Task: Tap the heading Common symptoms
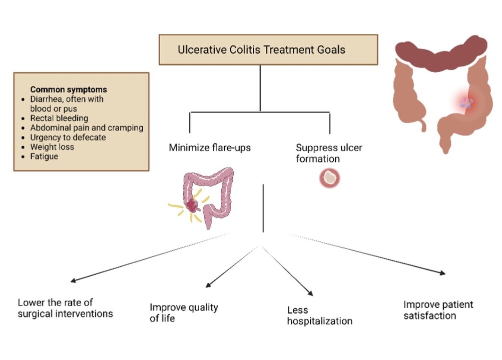pos(69,90)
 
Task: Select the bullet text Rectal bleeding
pos(59,118)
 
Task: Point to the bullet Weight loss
pos(52,147)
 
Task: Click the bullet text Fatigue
pos(44,156)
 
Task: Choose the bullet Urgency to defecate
pos(68,137)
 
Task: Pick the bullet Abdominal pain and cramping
pos(87,128)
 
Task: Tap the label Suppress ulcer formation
pos(328,153)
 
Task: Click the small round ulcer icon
pos(329,177)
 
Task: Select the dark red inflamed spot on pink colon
pos(192,204)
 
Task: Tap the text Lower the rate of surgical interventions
pos(65,308)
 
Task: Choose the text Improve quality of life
pos(184,312)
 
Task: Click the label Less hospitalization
pos(319,315)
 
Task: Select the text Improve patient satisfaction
pos(438,310)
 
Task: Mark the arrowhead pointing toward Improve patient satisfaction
pos(442,272)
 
